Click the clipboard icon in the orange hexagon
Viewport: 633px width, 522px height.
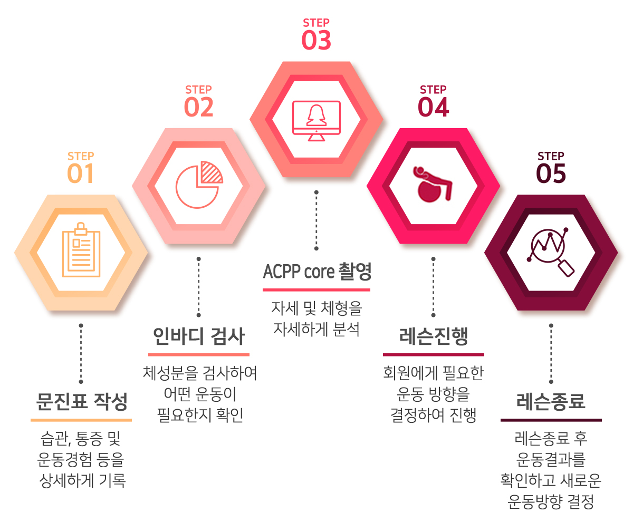(81, 250)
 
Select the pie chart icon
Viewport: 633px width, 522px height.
(199, 185)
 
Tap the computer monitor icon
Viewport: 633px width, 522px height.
(316, 121)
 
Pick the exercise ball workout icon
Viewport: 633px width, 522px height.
(433, 184)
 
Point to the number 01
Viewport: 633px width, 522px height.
(80, 173)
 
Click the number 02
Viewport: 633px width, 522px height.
(199, 107)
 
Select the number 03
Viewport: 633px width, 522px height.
(316, 40)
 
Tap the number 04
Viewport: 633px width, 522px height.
(433, 107)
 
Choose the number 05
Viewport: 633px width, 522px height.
(551, 173)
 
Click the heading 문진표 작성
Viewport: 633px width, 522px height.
(82, 401)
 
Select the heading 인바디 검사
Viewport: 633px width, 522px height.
(199, 336)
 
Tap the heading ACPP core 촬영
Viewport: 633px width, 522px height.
(317, 271)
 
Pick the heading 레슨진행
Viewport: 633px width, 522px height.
(434, 336)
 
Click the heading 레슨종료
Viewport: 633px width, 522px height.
(551, 401)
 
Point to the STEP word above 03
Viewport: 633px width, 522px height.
(316, 23)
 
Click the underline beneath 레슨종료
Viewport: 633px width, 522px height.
(551, 420)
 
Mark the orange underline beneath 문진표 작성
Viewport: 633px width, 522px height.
(81, 420)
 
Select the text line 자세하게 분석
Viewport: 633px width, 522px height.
(316, 329)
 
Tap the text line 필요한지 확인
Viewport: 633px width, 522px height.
(200, 414)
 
